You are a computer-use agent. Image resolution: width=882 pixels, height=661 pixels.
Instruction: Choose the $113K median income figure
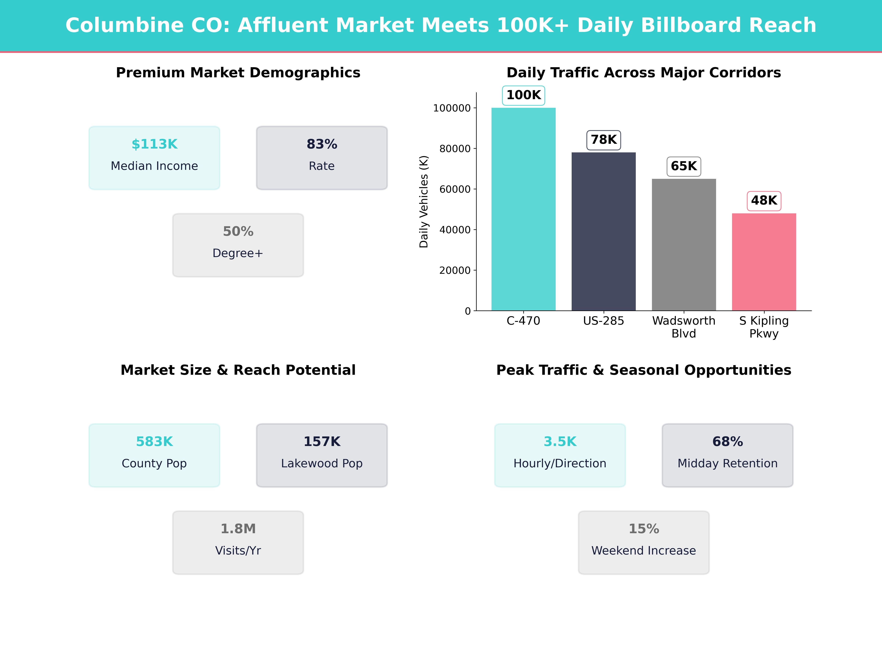(154, 144)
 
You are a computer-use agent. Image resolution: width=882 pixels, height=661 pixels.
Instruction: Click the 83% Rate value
(322, 144)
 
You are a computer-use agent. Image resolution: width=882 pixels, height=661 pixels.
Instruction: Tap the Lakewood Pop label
(322, 463)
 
